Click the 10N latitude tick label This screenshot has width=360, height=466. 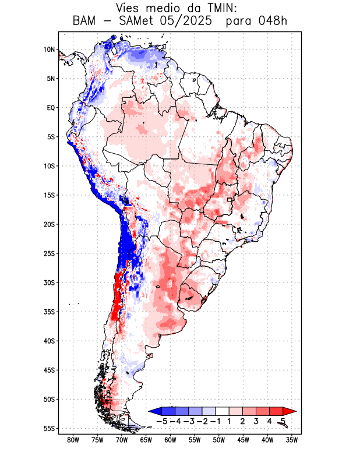(x=49, y=50)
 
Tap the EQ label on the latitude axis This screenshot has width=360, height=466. (x=51, y=108)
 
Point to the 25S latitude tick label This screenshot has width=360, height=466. (x=49, y=253)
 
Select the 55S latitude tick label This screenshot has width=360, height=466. (x=49, y=428)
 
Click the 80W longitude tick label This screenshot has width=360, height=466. (x=73, y=440)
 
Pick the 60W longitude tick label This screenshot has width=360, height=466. (x=171, y=440)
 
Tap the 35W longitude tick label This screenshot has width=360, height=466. (x=292, y=440)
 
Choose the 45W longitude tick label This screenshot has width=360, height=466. (x=243, y=440)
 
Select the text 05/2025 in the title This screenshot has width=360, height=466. (x=190, y=21)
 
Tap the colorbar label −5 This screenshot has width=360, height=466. (x=162, y=421)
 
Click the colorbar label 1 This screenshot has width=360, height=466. (x=230, y=421)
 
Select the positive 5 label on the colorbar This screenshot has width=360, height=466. (x=283, y=421)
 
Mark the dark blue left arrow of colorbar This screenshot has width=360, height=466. (x=155, y=411)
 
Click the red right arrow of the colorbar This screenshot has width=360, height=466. (x=290, y=411)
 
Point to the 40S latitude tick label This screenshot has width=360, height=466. (x=49, y=341)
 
